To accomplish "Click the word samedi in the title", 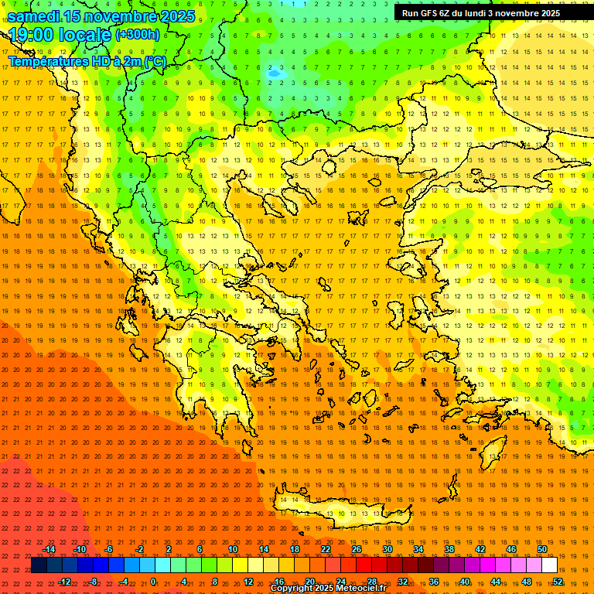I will tap(33, 16).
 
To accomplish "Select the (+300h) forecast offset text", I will tap(138, 35).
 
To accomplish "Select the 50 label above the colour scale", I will tap(541, 549).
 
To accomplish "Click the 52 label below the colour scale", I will tap(558, 582).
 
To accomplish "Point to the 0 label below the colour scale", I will tap(152, 582).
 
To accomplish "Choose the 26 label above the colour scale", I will tap(357, 549).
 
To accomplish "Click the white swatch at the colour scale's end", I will tap(550, 565).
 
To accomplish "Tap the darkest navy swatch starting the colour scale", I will tap(39, 565).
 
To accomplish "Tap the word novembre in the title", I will tap(114, 16).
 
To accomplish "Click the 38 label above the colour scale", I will tap(449, 549).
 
